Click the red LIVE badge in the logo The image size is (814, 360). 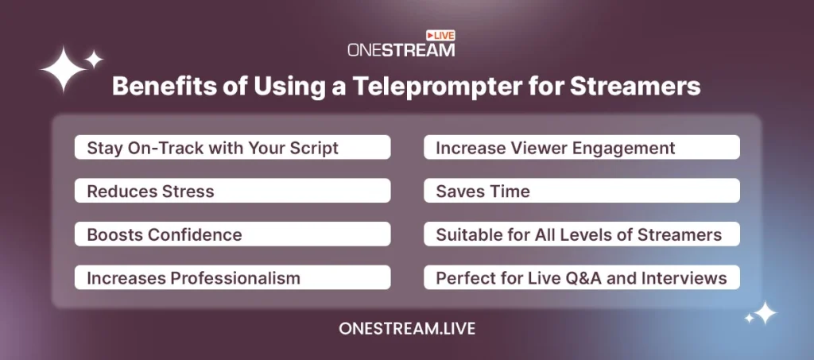[x=440, y=35]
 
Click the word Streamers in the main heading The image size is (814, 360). [x=635, y=87]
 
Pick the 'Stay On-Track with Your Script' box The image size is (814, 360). [x=233, y=147]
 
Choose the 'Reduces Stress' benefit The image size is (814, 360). [x=233, y=191]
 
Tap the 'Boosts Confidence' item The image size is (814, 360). [x=233, y=234]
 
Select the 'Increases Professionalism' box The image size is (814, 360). [x=233, y=277]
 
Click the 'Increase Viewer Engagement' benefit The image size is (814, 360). [x=581, y=147]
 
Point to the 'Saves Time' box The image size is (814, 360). [x=581, y=191]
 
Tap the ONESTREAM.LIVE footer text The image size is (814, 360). [x=407, y=328]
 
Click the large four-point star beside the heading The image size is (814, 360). [x=64, y=69]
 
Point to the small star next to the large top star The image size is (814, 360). [x=94, y=59]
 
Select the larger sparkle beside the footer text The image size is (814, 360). [x=766, y=313]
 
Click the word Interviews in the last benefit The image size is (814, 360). [x=684, y=277]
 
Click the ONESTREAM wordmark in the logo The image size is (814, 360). [x=401, y=50]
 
